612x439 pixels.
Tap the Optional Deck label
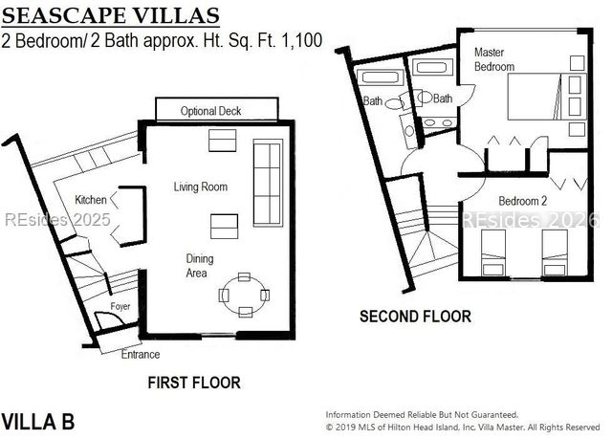coord(210,111)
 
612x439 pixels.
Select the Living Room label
coord(200,187)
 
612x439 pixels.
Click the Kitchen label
coord(92,200)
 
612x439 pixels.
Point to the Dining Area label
coord(200,266)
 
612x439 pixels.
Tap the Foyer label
coord(120,306)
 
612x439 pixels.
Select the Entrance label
coord(140,355)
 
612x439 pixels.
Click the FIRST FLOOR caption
coord(193,383)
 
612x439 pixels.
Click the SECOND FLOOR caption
coord(414,316)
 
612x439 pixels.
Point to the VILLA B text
coord(37,421)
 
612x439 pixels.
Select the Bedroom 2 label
coord(522,201)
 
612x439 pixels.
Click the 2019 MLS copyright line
coord(463,427)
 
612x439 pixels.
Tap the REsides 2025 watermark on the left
coord(57,219)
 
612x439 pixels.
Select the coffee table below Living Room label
coord(225,226)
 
